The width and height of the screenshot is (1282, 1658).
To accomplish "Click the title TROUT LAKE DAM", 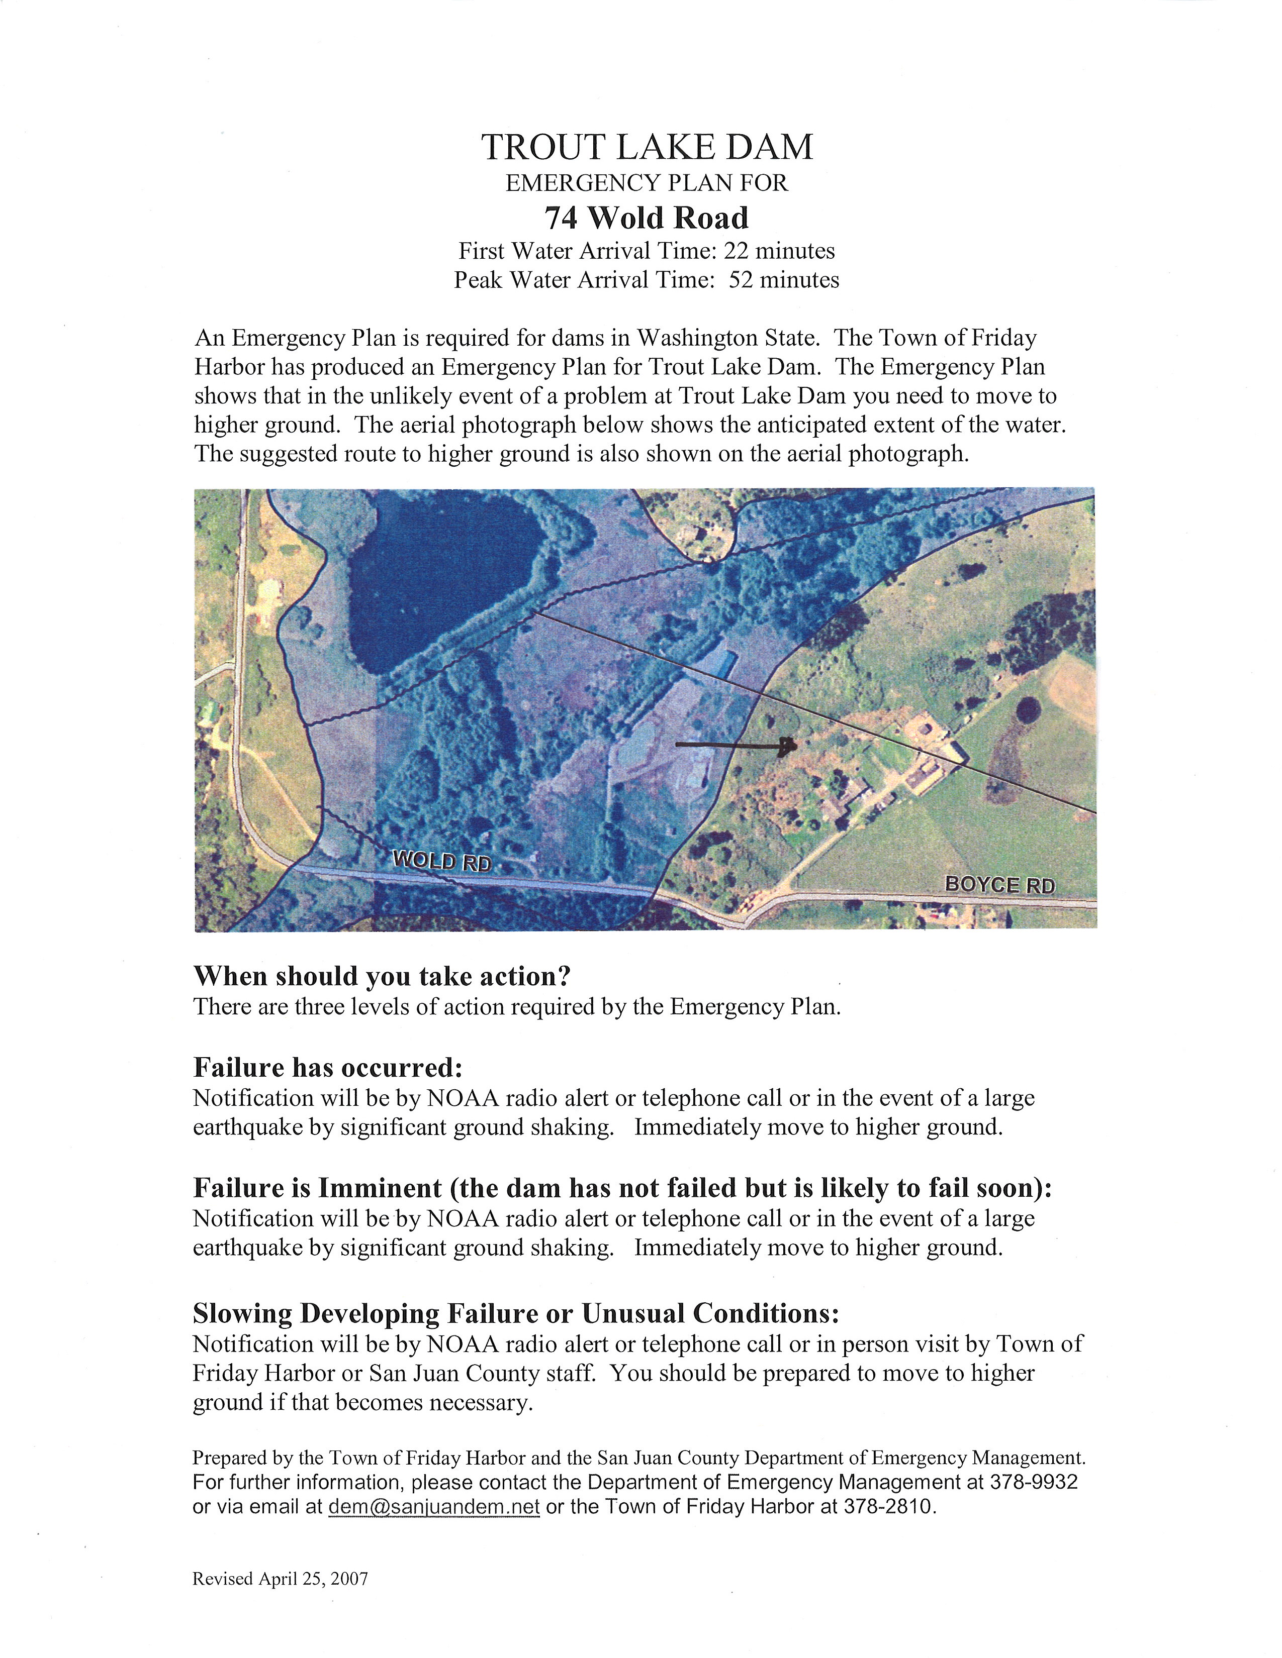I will point(647,147).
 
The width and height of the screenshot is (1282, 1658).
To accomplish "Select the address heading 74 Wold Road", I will point(647,218).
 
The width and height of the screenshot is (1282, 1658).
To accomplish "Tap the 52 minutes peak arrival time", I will point(784,280).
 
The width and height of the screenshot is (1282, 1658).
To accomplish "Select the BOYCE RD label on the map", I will point(999,884).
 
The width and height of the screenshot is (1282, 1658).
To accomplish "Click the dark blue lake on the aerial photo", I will point(440,577).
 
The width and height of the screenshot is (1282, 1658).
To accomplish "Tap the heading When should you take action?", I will point(382,976).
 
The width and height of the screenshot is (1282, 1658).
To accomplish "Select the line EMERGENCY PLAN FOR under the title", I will point(647,183).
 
